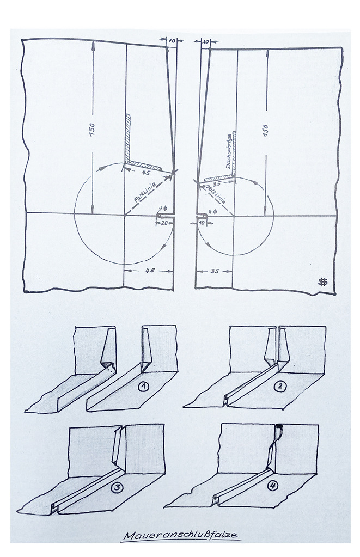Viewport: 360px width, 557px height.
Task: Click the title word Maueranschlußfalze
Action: (181, 535)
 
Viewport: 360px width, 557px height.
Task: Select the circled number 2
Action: (280, 387)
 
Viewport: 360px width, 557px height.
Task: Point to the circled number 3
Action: (117, 488)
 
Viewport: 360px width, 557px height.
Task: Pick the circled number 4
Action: (272, 486)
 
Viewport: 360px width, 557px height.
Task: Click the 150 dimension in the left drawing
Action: (92, 130)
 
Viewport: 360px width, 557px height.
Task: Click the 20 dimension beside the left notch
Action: (164, 223)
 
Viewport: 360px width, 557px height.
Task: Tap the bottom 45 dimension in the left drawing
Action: (150, 270)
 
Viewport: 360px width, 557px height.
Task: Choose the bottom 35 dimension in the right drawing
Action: (214, 271)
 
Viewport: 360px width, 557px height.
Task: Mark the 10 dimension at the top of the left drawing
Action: (172, 41)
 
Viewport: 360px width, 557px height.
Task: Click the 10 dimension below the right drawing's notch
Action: (202, 223)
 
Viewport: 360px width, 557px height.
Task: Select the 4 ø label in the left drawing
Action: (163, 208)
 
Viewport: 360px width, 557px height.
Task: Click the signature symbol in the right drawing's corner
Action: (322, 282)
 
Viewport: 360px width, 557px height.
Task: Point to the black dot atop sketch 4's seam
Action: (280, 426)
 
